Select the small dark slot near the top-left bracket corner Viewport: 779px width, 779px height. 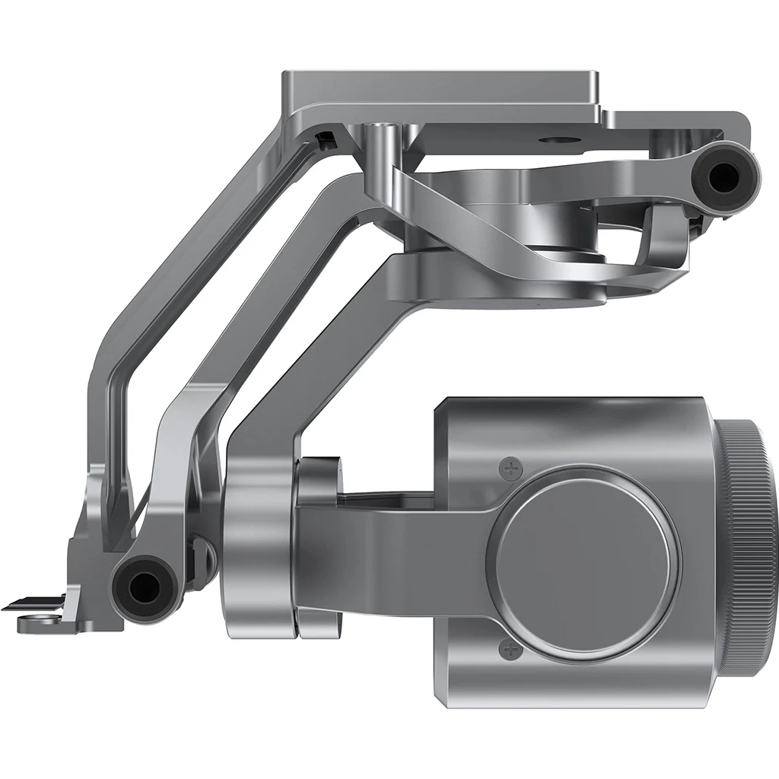point(325,139)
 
